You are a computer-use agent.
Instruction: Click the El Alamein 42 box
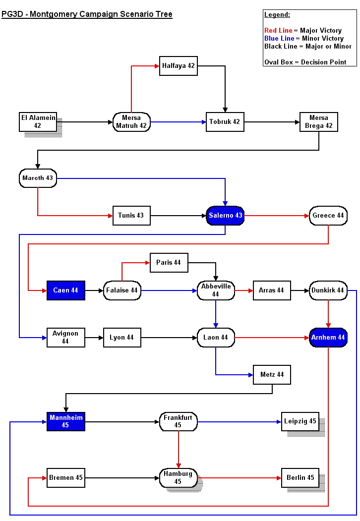38,121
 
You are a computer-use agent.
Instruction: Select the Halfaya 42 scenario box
179,66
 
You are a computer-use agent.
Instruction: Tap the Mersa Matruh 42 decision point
131,121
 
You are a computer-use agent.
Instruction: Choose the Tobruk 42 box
225,121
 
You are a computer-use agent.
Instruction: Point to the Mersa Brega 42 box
318,121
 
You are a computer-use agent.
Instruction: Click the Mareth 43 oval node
38,178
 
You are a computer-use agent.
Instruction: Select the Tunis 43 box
131,215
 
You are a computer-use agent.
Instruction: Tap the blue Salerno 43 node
225,216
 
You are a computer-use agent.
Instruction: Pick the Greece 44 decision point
328,216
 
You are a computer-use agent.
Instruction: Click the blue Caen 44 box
66,290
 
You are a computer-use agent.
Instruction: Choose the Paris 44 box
169,262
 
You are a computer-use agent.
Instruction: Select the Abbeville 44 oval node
216,290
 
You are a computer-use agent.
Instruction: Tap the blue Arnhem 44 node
328,338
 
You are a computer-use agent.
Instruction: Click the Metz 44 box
272,375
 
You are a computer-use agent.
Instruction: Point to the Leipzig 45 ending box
300,421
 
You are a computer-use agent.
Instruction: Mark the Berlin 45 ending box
300,478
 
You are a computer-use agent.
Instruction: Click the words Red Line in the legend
278,31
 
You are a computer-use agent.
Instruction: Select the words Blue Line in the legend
279,39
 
